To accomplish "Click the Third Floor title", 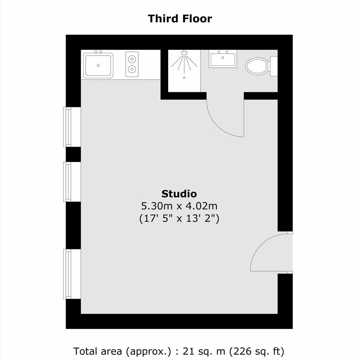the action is [x=180, y=19].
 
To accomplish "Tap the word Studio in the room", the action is [x=179, y=194].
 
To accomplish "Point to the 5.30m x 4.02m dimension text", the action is [x=179, y=206].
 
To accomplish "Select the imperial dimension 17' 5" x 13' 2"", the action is [x=179, y=218].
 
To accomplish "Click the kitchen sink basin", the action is [x=98, y=65].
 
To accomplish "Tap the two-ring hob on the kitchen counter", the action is [x=132, y=64].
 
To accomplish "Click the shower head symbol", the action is [x=184, y=53].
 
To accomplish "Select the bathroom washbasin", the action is [x=223, y=59].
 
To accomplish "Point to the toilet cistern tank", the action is [x=274, y=66].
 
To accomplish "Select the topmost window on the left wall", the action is [x=72, y=127].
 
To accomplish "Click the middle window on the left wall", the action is [x=72, y=182].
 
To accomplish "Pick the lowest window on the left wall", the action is [x=72, y=274].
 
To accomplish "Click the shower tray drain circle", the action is [x=184, y=78].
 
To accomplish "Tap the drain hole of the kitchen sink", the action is [x=98, y=65].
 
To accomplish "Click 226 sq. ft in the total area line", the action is [x=257, y=352].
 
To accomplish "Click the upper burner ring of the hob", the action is [x=132, y=59].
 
